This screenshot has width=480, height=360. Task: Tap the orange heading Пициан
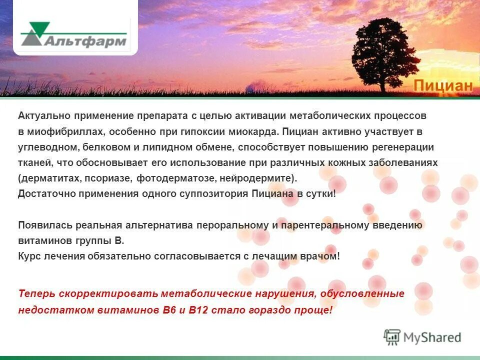click(x=442, y=86)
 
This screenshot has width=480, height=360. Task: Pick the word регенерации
click(x=403, y=147)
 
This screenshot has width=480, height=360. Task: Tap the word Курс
click(x=29, y=256)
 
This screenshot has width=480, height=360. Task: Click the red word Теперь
click(x=35, y=294)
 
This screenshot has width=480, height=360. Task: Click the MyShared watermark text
click(x=432, y=337)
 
